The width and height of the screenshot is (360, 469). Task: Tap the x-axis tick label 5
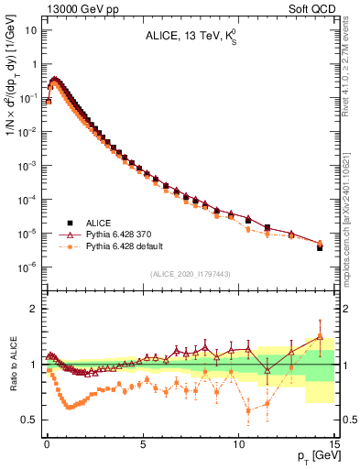[143, 442]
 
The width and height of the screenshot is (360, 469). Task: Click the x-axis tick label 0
[47, 442]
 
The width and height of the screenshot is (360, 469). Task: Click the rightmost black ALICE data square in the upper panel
[320, 247]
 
